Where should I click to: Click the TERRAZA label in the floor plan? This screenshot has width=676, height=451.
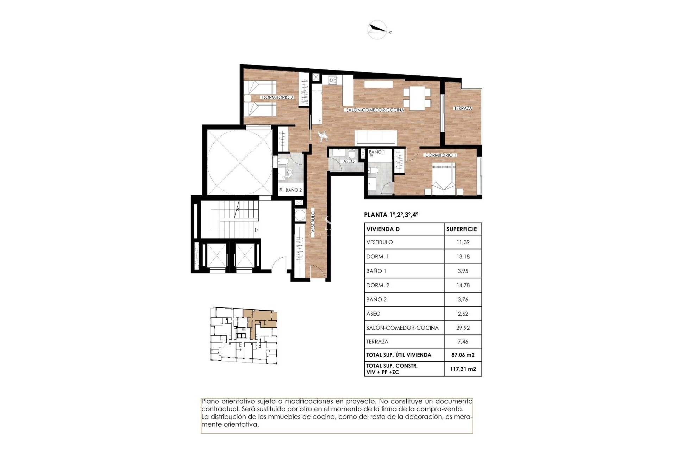coord(463,108)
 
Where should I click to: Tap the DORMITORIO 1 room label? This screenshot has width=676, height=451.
coord(440,155)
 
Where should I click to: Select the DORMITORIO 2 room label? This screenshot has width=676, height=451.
coord(277,97)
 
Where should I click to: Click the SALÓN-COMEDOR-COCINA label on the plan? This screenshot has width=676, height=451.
coord(375,110)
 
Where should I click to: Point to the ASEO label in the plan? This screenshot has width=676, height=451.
coord(349,161)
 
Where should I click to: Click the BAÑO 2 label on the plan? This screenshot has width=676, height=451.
coord(293,190)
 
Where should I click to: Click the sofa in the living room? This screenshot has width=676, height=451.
coord(376,137)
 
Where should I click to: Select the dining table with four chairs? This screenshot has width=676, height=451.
coord(417,98)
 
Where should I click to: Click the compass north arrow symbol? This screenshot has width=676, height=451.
coord(377,30)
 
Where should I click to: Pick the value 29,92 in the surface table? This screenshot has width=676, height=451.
coord(463,328)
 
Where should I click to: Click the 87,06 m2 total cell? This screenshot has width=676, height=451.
coord(463,355)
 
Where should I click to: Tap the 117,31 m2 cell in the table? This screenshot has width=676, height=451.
coord(463,369)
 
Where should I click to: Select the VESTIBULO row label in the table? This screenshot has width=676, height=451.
coord(380,242)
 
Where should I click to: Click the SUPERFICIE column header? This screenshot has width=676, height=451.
coord(461,229)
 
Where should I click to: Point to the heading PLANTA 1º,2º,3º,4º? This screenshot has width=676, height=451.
coord(391,215)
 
